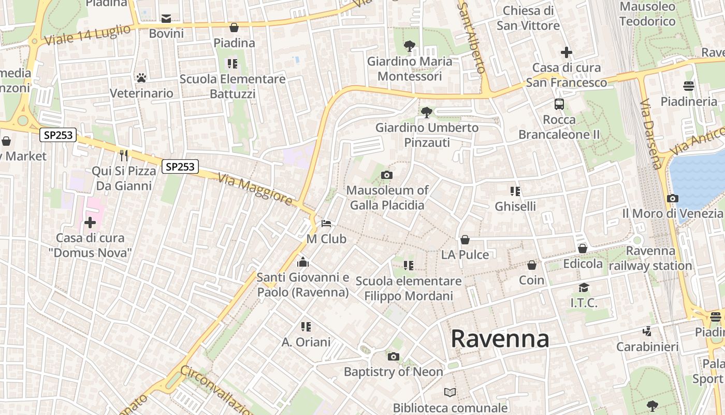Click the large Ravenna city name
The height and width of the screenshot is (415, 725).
pyautogui.click(x=500, y=339)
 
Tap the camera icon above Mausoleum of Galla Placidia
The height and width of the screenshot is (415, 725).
pyautogui.click(x=387, y=175)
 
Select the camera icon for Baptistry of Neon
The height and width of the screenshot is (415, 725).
pyautogui.click(x=394, y=356)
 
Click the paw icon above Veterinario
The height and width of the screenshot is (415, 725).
pyautogui.click(x=141, y=78)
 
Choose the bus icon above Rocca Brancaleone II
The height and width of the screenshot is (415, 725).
pyautogui.click(x=559, y=104)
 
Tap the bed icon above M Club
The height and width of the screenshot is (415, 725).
pyautogui.click(x=326, y=224)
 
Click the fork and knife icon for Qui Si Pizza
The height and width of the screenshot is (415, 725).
pyautogui.click(x=124, y=155)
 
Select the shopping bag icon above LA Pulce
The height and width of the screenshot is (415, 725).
pyautogui.click(x=465, y=240)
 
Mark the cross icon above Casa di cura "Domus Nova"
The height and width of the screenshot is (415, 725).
pyautogui.click(x=90, y=223)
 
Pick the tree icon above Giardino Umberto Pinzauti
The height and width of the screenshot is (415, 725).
pyautogui.click(x=427, y=112)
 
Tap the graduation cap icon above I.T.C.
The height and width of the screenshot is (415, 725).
pyautogui.click(x=584, y=287)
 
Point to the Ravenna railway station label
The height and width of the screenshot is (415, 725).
pyautogui.click(x=650, y=258)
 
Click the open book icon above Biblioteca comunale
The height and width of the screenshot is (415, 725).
pyautogui.click(x=450, y=392)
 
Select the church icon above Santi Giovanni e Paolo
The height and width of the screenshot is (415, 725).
pyautogui.click(x=303, y=262)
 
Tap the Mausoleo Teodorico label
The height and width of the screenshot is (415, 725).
pyautogui.click(x=647, y=14)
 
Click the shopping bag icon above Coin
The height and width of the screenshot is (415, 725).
pyautogui.click(x=532, y=265)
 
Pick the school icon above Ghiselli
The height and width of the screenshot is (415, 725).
pyautogui.click(x=515, y=191)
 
